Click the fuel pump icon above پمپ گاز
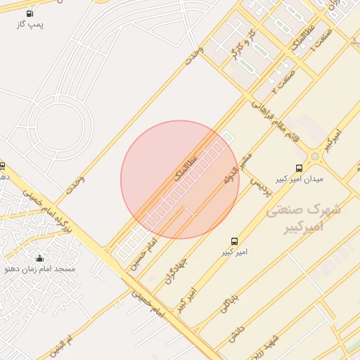[x=30, y=13]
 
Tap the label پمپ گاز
[x=30, y=25]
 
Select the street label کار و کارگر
[x=242, y=46]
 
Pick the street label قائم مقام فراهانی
[x=274, y=118]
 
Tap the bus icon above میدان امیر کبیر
[x=300, y=168]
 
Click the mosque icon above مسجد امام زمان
[x=39, y=257]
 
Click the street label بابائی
[x=229, y=302]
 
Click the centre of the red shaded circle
[x=180, y=179]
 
